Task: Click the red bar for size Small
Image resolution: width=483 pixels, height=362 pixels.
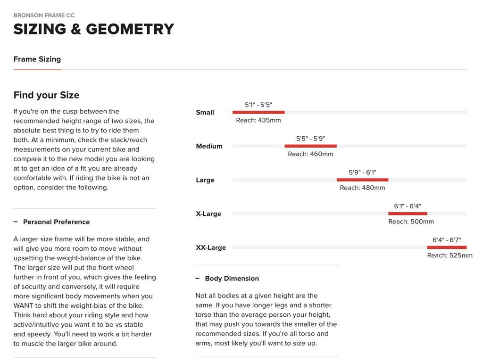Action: (x=258, y=112)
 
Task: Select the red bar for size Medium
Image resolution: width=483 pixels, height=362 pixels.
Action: (x=310, y=146)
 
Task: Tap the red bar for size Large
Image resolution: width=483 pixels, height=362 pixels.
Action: (x=362, y=180)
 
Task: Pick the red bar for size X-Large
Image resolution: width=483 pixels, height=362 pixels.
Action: (x=408, y=214)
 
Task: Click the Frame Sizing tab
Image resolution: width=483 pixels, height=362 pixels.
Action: (x=37, y=59)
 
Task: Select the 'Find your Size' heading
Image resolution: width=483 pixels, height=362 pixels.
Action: (x=46, y=95)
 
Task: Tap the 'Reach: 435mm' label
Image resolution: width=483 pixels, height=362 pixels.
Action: (x=258, y=120)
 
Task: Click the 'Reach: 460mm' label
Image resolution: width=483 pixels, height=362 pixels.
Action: (x=310, y=154)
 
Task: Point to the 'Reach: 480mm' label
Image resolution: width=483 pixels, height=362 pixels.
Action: (x=362, y=188)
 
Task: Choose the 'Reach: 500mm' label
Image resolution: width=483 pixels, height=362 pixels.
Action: (x=411, y=222)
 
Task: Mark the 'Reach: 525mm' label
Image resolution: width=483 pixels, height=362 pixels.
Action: (x=450, y=255)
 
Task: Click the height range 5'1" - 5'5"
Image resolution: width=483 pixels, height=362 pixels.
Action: (x=258, y=105)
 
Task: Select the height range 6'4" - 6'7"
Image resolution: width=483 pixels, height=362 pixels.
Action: (x=447, y=240)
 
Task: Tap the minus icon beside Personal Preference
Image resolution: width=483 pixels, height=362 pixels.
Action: (x=16, y=222)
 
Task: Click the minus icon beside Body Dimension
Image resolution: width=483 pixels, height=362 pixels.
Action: (x=198, y=279)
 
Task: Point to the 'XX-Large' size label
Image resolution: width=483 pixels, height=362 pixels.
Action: (x=211, y=247)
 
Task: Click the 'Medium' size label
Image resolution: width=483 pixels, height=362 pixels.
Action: (x=209, y=146)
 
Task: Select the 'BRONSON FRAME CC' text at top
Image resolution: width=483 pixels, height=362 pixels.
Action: (x=44, y=16)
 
